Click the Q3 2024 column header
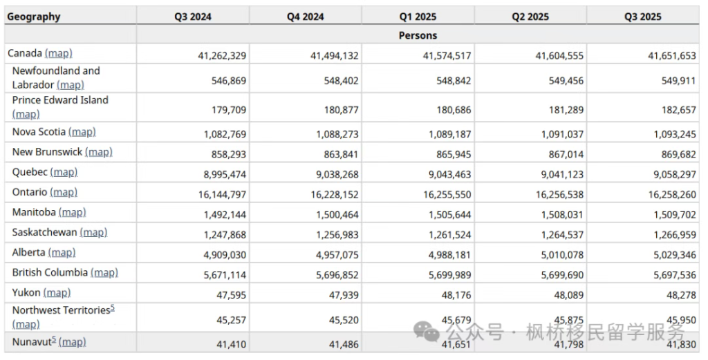(x=193, y=17)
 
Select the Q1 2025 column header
(x=418, y=17)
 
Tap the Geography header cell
(x=34, y=17)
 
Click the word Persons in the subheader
(x=418, y=35)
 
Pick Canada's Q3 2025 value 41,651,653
(x=672, y=55)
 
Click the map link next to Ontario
(x=64, y=192)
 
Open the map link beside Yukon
(x=57, y=293)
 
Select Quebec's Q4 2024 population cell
(x=337, y=174)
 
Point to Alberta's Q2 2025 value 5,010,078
(x=562, y=255)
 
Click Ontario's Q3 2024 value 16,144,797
(x=222, y=194)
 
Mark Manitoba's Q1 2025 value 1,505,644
(x=449, y=215)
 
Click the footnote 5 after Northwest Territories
(x=113, y=307)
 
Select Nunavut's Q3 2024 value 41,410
(x=231, y=344)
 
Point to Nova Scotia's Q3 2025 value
(x=675, y=134)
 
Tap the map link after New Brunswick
(x=98, y=152)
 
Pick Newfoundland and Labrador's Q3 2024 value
(x=229, y=81)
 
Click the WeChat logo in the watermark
(x=426, y=331)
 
